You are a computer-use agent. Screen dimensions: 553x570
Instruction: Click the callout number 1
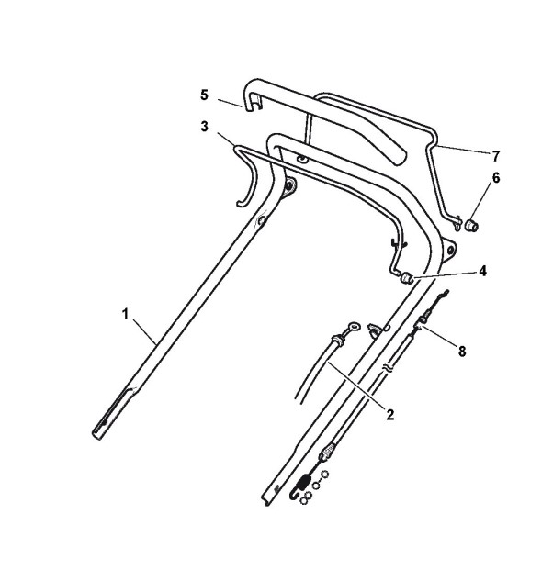[125, 314]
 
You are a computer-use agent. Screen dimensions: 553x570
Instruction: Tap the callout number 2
[390, 415]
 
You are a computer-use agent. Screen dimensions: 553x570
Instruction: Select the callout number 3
[205, 127]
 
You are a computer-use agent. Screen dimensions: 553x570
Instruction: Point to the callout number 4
[482, 271]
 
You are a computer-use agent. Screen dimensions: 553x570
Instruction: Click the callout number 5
[205, 95]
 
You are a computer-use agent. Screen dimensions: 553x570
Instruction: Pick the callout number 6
[496, 178]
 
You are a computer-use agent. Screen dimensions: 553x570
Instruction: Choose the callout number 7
[496, 156]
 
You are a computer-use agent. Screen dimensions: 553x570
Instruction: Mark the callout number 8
[462, 352]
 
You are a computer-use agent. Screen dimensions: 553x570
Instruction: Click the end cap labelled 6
[472, 225]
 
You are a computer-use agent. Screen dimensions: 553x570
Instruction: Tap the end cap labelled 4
[407, 278]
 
